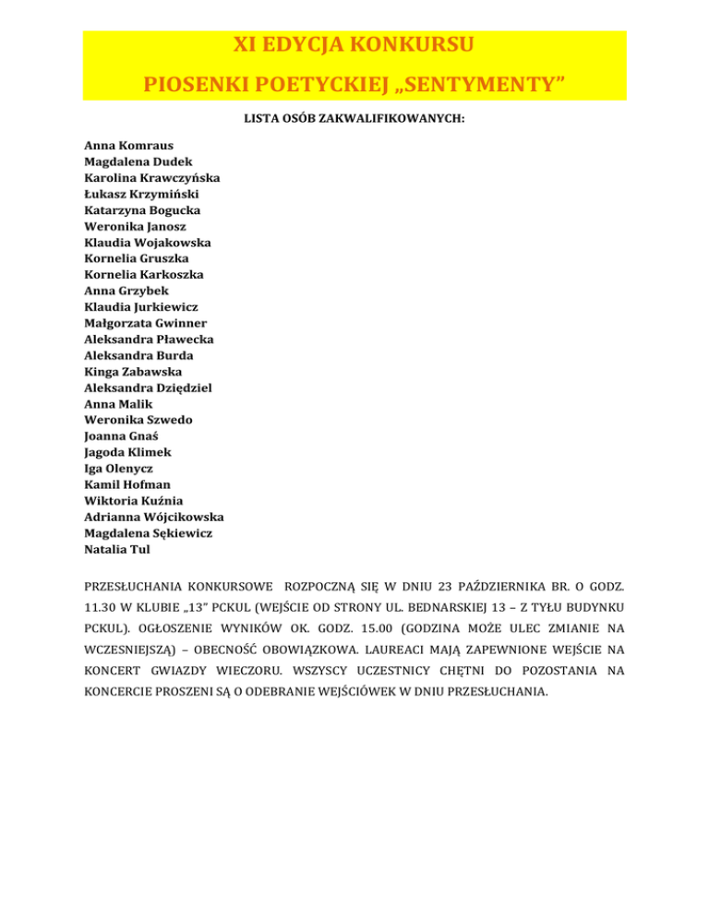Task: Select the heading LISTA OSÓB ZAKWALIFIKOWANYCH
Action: click(x=354, y=119)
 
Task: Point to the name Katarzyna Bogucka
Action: click(x=142, y=210)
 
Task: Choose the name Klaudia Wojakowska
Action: click(x=147, y=243)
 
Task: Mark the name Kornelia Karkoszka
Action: click(x=144, y=275)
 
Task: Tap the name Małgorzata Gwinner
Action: click(x=145, y=323)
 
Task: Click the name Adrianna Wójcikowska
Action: click(x=153, y=518)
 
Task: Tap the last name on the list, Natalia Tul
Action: click(x=116, y=550)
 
